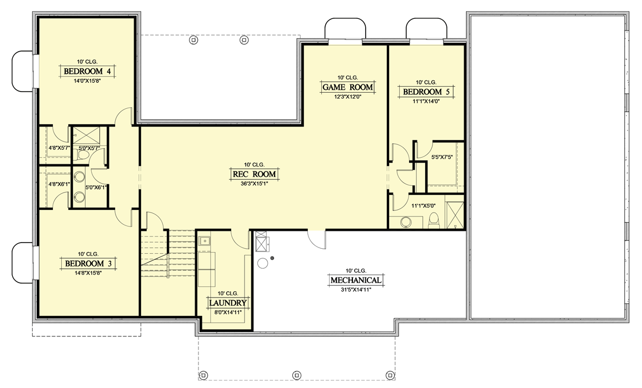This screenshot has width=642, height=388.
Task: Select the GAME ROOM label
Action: [347, 87]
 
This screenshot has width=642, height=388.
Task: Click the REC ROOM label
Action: [254, 174]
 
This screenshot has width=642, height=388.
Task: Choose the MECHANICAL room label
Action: [356, 280]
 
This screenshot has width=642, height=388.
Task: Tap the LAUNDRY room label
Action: [228, 303]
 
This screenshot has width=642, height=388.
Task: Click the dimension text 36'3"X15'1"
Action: [254, 184]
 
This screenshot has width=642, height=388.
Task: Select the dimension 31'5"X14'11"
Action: [356, 290]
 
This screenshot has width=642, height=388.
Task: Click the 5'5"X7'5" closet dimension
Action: [442, 158]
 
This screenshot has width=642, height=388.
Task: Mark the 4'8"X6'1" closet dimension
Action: [58, 184]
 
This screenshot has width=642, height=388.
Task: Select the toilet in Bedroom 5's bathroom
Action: [435, 222]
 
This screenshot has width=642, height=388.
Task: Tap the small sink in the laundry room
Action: [205, 241]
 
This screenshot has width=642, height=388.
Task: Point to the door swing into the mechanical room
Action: [317, 240]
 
